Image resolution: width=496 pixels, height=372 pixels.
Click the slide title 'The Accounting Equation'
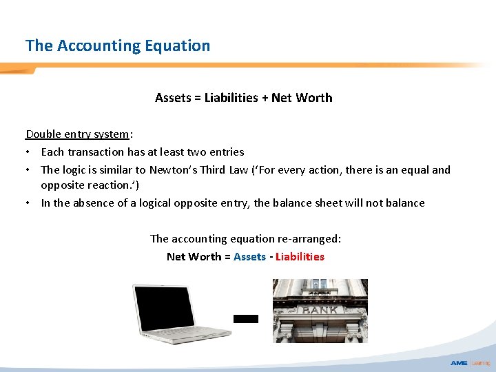118,45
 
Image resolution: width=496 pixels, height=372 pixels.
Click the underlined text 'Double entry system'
77,134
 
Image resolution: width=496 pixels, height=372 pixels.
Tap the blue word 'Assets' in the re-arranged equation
249,256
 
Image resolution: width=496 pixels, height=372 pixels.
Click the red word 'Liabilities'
300,256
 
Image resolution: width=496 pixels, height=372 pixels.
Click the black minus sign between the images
246,319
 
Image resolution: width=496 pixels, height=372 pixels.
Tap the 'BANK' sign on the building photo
320,309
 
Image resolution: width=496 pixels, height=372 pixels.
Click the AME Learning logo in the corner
470,362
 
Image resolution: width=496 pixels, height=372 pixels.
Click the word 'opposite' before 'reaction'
60,185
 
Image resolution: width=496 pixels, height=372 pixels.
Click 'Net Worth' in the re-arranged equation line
194,256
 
